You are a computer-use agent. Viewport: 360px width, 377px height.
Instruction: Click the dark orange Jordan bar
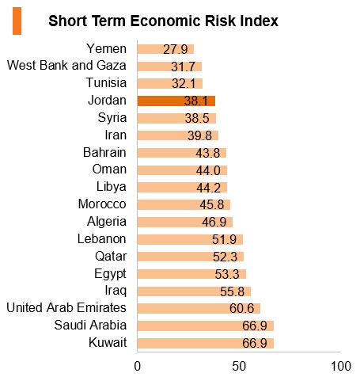click(176, 101)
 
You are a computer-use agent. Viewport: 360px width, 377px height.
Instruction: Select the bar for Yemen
click(165, 49)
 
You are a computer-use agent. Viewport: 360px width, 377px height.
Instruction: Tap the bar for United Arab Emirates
click(199, 308)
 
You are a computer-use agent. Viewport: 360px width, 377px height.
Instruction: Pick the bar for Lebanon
click(190, 239)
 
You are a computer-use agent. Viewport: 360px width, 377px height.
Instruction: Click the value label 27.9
click(176, 49)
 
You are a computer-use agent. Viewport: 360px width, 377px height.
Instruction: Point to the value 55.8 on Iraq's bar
click(232, 291)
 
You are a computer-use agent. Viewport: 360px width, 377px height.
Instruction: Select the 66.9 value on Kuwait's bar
click(255, 343)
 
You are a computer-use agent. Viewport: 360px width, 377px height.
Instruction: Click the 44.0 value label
click(208, 170)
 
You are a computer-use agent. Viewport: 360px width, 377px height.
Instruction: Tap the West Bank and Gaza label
click(66, 66)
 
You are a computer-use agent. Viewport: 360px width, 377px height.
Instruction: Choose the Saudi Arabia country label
click(90, 325)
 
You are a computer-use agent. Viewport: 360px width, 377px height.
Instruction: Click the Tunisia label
click(106, 82)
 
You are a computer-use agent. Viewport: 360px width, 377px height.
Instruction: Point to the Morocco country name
click(102, 204)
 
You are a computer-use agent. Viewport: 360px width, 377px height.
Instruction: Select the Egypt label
click(110, 274)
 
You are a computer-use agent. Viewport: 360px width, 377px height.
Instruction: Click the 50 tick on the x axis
click(239, 367)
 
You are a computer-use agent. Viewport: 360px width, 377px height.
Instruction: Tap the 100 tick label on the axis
click(341, 367)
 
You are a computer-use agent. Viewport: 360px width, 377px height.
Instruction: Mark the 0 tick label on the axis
click(138, 367)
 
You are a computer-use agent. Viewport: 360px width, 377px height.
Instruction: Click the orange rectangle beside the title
click(17, 21)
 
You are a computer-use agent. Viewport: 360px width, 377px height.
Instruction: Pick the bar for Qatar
click(191, 257)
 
